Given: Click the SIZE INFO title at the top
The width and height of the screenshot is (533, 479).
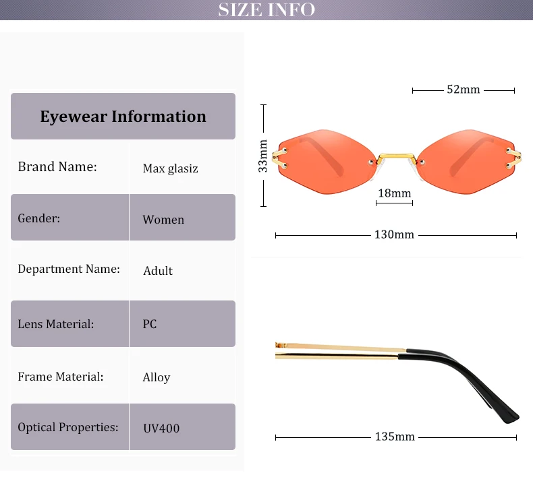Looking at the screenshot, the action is point(266,9).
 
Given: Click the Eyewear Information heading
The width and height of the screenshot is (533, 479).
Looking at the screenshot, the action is point(123,117).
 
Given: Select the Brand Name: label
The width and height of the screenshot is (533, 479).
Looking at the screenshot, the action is point(57,166).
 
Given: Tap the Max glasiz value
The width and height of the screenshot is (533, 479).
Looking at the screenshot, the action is point(170,168).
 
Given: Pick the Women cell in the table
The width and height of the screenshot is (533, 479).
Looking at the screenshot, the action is point(163,220).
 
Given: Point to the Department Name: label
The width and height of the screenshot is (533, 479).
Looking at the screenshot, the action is point(69,269).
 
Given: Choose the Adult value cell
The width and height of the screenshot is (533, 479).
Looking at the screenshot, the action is point(158,271).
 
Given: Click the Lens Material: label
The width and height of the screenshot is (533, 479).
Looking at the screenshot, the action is point(56,324).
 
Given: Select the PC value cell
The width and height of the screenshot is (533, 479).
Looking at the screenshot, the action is point(150,324).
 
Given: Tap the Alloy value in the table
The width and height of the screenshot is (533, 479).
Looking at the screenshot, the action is point(157,377).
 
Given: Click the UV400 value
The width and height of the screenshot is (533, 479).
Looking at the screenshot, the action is point(161,428).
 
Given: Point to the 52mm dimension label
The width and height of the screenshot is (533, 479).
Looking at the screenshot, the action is point(463,89).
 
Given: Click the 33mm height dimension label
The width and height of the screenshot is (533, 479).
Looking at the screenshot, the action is point(263,156).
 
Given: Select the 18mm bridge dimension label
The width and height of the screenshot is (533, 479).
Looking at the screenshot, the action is point(394,193).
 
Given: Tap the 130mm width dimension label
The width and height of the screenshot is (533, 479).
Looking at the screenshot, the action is point(394,235).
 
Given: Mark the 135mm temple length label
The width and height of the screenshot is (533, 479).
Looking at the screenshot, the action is point(395,437).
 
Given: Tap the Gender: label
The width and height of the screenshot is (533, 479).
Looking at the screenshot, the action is point(39,218).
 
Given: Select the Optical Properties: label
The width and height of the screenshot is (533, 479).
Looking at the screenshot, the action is point(68,427).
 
